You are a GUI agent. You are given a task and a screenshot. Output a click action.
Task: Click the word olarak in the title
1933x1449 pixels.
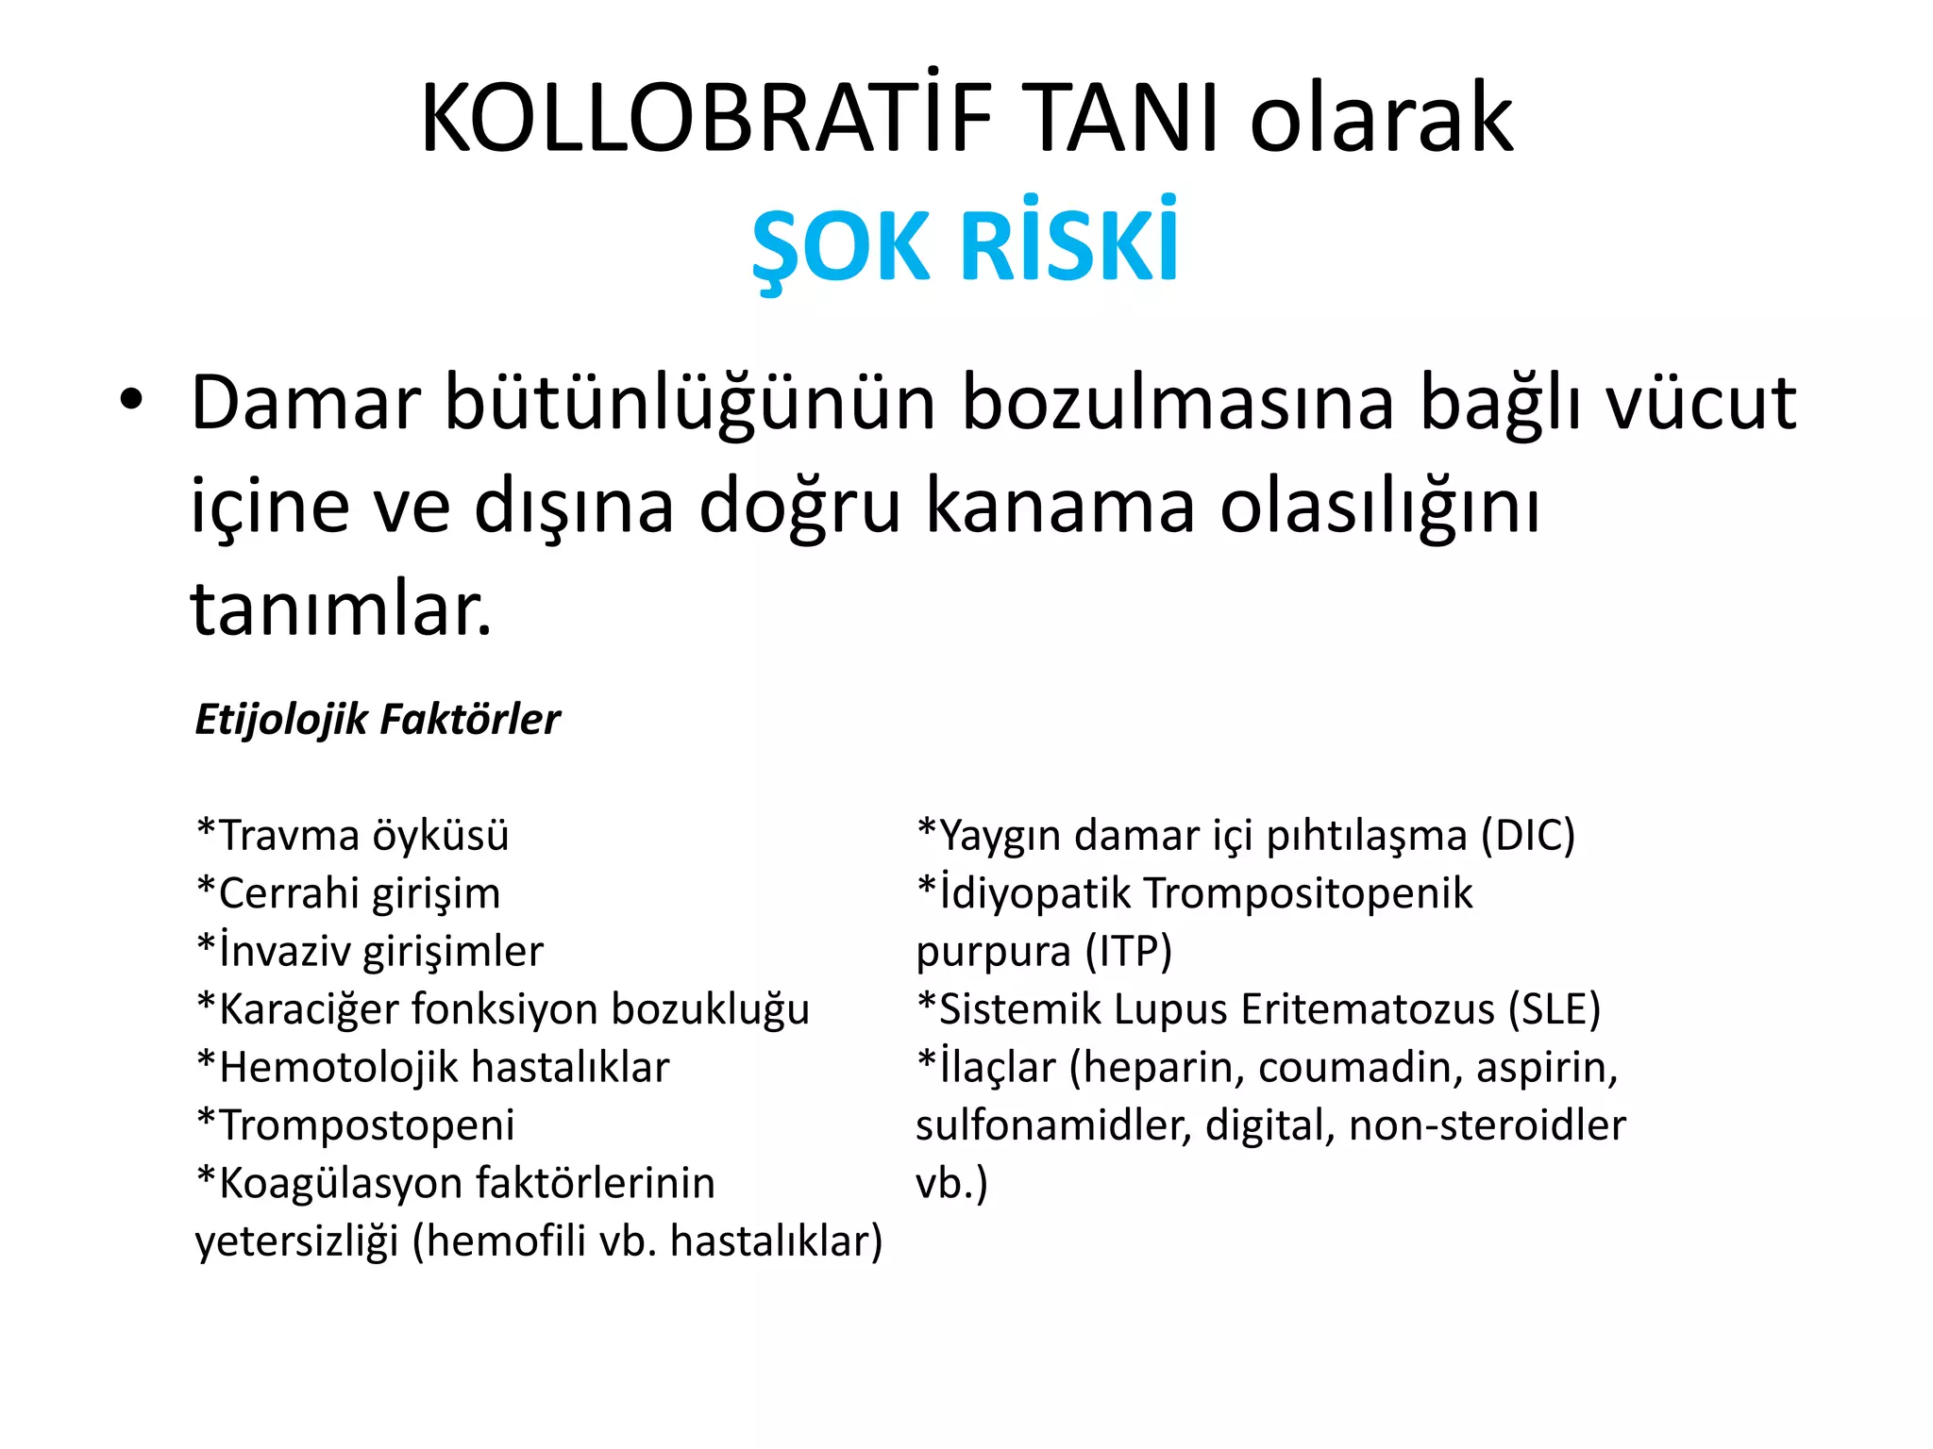(x=1382, y=119)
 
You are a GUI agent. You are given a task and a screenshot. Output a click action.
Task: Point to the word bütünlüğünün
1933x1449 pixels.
(x=689, y=404)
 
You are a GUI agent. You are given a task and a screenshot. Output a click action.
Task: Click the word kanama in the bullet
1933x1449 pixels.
(x=1061, y=506)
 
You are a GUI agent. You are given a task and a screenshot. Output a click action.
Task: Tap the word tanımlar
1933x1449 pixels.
(x=341, y=609)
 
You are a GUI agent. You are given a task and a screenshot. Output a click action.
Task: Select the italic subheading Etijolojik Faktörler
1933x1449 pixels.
(x=378, y=719)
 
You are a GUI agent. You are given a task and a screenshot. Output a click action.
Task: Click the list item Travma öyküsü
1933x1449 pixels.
(x=353, y=836)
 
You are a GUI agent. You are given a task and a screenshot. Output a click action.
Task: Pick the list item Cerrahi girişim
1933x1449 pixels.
(x=348, y=893)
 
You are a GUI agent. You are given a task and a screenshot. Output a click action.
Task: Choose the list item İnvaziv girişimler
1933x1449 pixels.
(x=370, y=951)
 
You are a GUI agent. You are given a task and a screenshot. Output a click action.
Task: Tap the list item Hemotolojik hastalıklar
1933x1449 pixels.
(x=433, y=1067)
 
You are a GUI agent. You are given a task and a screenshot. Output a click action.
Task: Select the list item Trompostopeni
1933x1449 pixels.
(x=356, y=1124)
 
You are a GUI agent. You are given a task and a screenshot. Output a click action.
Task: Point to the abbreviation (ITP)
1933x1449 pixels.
(x=1129, y=951)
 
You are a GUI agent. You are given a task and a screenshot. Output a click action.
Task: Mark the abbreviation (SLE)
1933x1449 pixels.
(x=1554, y=1009)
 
